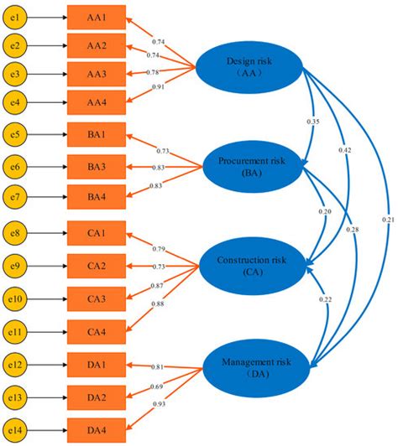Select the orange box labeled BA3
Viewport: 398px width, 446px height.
click(97, 166)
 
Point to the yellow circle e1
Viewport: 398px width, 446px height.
click(17, 16)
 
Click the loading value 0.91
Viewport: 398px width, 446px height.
click(158, 86)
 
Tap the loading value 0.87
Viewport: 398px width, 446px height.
click(158, 286)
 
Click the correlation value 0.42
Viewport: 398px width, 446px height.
click(345, 149)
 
